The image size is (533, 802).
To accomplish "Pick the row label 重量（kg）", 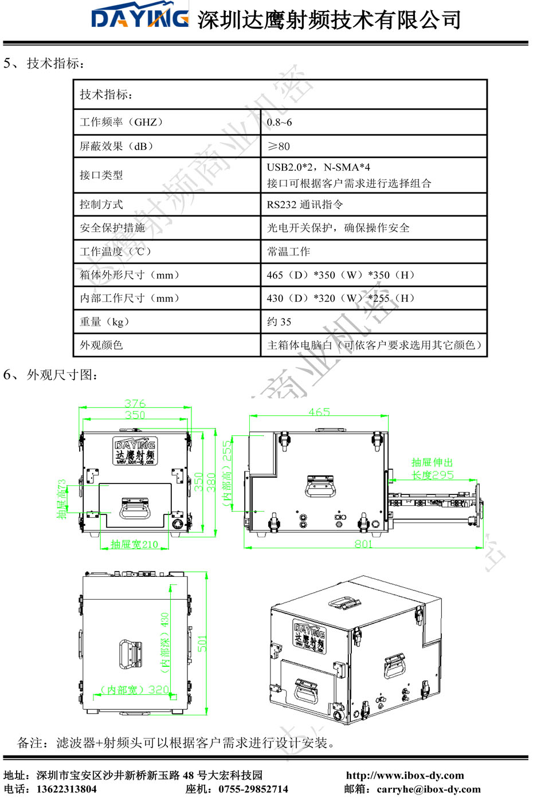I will pyautogui.click(x=104, y=322).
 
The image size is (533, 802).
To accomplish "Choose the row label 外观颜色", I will pyautogui.click(x=101, y=345).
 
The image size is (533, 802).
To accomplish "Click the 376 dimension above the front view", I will pyautogui.click(x=135, y=403).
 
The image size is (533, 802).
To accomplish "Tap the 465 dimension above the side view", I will pyautogui.click(x=319, y=412).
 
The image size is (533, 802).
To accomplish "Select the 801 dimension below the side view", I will pyautogui.click(x=363, y=544).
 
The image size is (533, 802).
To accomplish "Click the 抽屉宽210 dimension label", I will pyautogui.click(x=134, y=544).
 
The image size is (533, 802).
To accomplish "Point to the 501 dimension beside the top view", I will pyautogui.click(x=202, y=643).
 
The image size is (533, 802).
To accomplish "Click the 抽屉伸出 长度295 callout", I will pyautogui.click(x=432, y=469).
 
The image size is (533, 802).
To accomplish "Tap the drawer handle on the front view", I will pyautogui.click(x=135, y=508).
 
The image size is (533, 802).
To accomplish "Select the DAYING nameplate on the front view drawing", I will pyautogui.click(x=135, y=451).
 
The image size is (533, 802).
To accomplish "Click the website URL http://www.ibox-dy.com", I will pyautogui.click(x=405, y=776).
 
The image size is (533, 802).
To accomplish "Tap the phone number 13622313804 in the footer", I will pyautogui.click(x=66, y=789).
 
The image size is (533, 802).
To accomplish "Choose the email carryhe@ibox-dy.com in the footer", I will pyautogui.click(x=429, y=789).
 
